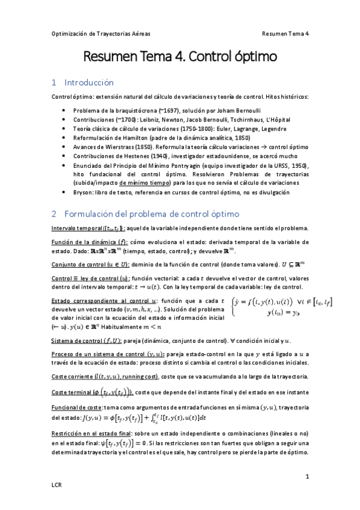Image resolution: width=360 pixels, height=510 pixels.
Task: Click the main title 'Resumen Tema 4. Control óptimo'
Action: pos(180,58)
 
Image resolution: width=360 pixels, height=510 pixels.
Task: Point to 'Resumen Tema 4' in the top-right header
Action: pos(285,34)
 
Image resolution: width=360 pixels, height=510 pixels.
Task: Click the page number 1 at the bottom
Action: pos(307,476)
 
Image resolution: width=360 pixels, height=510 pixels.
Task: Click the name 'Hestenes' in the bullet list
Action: pos(134,156)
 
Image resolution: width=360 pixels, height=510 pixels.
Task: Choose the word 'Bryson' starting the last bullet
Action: pos(83,192)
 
